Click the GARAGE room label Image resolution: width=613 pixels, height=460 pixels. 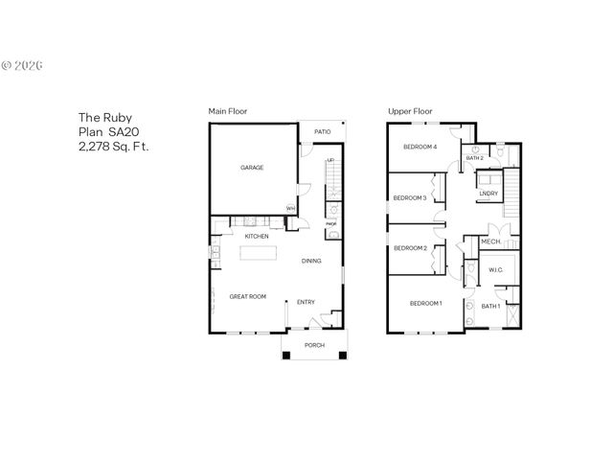point(252,168)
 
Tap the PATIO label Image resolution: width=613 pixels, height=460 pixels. point(323,132)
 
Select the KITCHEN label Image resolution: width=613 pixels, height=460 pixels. point(256,236)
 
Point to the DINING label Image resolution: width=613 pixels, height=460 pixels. point(311,261)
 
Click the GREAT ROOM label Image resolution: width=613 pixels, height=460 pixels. point(247,297)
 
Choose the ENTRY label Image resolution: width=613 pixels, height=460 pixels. point(306,303)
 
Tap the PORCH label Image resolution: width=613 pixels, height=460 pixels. point(314,345)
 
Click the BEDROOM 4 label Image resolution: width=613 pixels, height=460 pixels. point(420,147)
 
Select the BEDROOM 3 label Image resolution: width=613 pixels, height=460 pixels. point(410,198)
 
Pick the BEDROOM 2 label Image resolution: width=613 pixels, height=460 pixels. point(410,248)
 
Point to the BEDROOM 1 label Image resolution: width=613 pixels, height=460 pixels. point(425,304)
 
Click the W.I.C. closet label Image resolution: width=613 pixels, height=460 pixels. point(496,269)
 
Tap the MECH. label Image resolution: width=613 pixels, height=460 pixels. point(491,241)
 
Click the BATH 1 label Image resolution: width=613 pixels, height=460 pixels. point(490,306)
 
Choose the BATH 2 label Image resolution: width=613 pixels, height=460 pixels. point(475,157)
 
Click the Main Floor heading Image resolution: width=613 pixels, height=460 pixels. point(228,111)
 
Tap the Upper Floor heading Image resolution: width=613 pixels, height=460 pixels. point(410,111)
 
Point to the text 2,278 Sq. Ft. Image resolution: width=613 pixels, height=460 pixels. point(113,147)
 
